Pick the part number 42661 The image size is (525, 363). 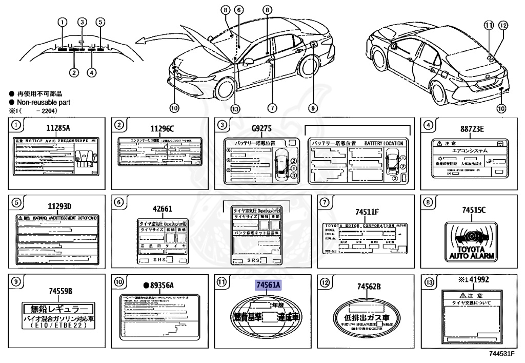162,209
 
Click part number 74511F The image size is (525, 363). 366,211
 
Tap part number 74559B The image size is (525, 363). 60,291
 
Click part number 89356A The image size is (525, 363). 158,285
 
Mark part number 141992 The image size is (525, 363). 472,280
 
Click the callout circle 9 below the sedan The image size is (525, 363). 313,108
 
